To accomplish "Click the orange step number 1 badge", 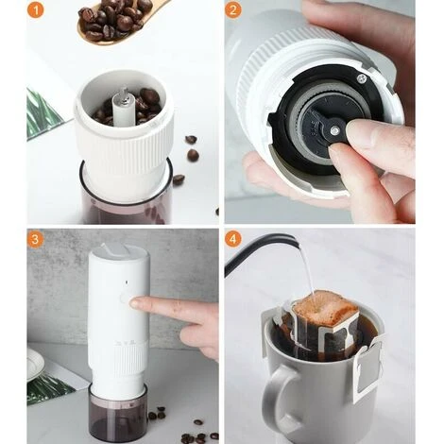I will (36, 11).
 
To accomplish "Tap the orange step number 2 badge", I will (233, 11).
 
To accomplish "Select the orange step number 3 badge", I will (36, 239).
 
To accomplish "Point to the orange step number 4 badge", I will (233, 239).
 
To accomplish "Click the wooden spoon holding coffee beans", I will (113, 19).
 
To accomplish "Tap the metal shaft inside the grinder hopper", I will (121, 103).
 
